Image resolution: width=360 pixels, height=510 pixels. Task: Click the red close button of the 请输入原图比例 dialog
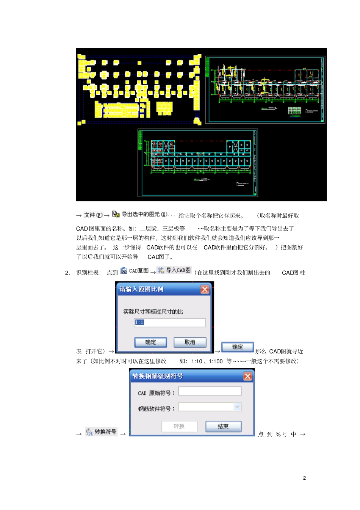click(205, 289)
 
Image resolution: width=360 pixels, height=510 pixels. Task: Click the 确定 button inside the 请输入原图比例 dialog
click(150, 342)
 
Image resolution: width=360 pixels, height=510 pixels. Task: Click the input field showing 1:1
click(169, 322)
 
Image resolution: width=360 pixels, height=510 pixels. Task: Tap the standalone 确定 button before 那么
click(237, 347)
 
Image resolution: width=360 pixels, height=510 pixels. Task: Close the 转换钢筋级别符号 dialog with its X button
click(247, 376)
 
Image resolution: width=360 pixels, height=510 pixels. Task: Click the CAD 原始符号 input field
click(210, 391)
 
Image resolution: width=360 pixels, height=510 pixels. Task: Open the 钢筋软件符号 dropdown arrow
click(237, 407)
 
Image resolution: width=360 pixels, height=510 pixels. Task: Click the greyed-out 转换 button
click(179, 426)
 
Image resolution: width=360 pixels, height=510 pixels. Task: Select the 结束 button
click(223, 426)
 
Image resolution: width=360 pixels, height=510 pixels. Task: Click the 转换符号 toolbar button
click(101, 432)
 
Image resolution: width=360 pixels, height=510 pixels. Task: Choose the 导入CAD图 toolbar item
click(174, 270)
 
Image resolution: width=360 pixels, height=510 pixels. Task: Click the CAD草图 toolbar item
click(135, 271)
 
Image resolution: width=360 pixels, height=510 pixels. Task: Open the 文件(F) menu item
click(93, 215)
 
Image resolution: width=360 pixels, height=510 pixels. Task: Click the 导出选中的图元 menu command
click(140, 214)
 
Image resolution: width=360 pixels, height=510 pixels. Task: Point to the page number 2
click(304, 478)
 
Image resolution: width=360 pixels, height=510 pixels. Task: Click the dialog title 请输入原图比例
click(141, 289)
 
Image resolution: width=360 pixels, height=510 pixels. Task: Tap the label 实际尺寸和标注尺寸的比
click(153, 311)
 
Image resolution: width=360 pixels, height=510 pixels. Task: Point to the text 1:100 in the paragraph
click(216, 361)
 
